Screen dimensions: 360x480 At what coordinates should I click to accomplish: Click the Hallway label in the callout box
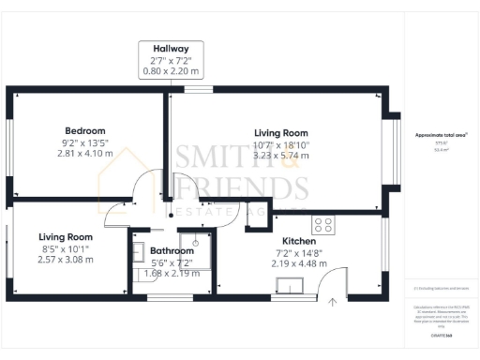(164, 48)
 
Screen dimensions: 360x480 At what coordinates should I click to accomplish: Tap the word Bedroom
(84, 130)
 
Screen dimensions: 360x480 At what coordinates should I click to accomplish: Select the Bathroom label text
(172, 250)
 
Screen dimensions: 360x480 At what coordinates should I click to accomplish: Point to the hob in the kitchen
(323, 225)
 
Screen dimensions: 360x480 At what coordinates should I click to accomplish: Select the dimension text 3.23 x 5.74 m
(281, 157)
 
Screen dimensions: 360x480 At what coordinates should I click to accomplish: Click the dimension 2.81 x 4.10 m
(84, 154)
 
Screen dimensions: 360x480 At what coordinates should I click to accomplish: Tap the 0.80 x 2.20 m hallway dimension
(164, 70)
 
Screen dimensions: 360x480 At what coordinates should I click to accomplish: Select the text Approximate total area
(441, 135)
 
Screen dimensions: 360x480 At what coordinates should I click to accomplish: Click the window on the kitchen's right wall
(383, 253)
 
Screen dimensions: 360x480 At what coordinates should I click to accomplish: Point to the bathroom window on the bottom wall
(169, 297)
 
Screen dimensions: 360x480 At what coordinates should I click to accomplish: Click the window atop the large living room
(197, 90)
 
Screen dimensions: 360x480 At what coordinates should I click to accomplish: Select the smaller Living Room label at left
(66, 237)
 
